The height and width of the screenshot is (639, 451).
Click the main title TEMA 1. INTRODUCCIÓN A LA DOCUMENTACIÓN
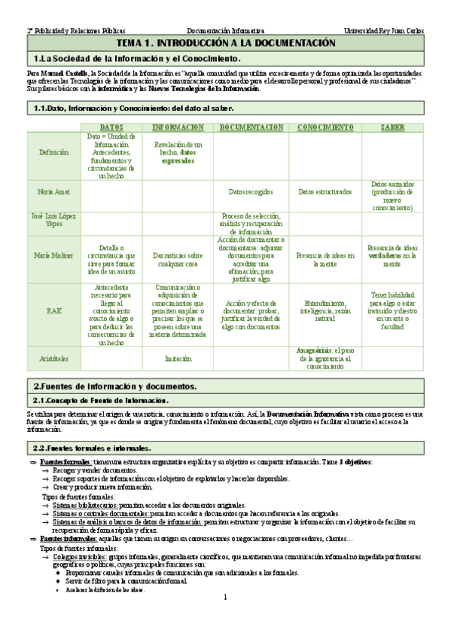(225, 44)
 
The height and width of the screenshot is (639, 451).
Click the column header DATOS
(111, 127)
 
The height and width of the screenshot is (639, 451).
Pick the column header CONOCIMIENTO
(325, 127)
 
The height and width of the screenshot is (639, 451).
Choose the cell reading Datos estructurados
(325, 192)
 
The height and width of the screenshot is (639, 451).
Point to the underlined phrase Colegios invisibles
(79, 556)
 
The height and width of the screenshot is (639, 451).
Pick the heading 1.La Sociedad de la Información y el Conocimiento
(136, 58)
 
